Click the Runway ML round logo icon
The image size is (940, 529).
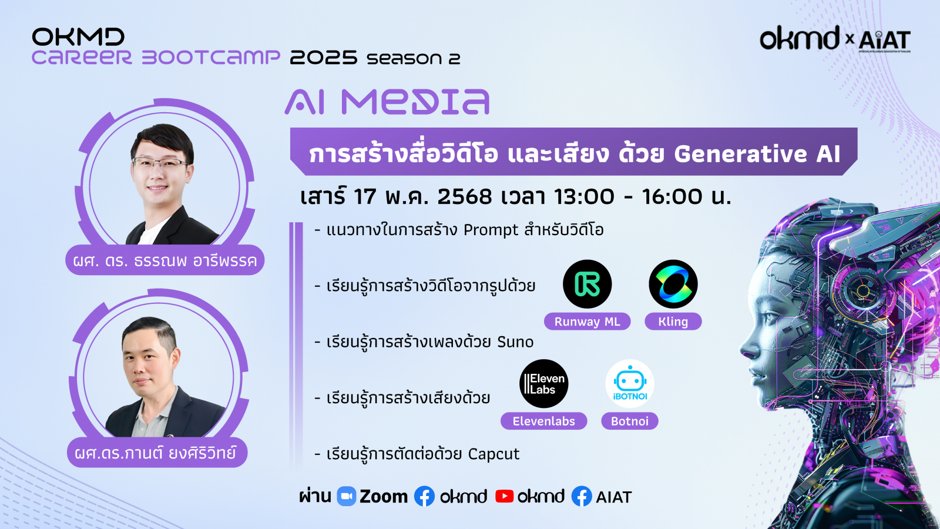click(x=587, y=284)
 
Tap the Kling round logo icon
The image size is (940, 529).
click(x=673, y=284)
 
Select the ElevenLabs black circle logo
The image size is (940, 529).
click(x=544, y=384)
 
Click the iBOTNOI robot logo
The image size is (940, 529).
click(x=630, y=384)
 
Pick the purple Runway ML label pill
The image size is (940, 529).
click(x=587, y=322)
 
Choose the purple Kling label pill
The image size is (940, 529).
click(x=673, y=322)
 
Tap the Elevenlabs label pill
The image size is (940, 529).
click(x=543, y=421)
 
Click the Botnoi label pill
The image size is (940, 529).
click(x=630, y=421)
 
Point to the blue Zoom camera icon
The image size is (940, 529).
click(x=347, y=496)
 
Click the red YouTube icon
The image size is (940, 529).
click(x=504, y=496)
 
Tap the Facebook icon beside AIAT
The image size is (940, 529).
click(x=582, y=496)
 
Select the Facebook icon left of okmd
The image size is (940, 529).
click(x=424, y=496)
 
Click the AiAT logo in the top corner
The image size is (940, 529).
click(x=884, y=40)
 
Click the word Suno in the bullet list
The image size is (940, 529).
click(x=515, y=341)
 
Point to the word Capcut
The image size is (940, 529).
click(x=493, y=454)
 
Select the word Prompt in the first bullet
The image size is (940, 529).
click(x=491, y=230)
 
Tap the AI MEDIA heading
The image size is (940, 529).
click(x=387, y=102)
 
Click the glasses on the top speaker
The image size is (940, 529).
click(x=160, y=163)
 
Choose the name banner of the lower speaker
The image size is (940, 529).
click(x=157, y=453)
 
